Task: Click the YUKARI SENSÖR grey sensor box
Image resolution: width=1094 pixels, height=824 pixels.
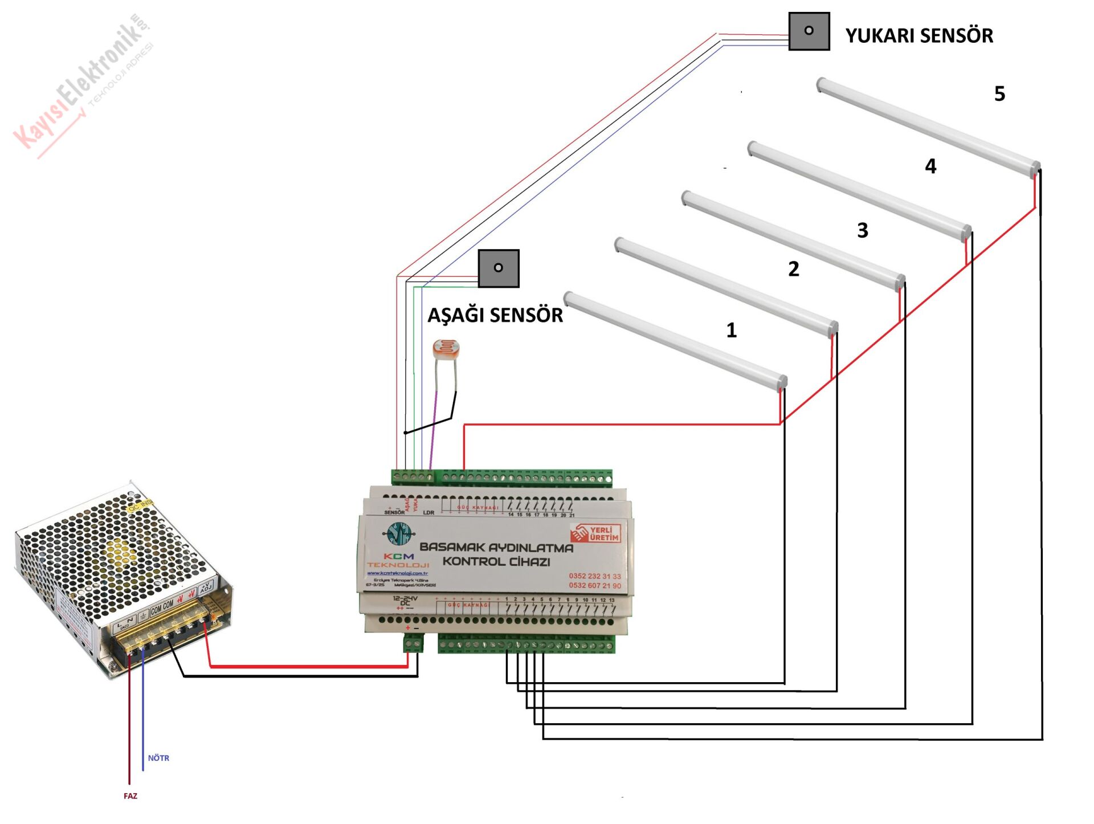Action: [809, 31]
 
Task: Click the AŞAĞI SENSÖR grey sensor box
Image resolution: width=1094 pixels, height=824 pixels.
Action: [498, 268]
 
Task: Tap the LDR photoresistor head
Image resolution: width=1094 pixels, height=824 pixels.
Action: [446, 348]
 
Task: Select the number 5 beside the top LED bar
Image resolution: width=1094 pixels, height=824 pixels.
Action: [999, 94]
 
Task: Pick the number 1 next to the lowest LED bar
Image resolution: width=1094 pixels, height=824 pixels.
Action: [732, 331]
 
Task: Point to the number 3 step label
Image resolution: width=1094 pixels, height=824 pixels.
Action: [863, 231]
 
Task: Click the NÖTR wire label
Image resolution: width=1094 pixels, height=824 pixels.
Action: [158, 758]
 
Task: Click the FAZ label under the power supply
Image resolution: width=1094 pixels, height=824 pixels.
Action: [130, 796]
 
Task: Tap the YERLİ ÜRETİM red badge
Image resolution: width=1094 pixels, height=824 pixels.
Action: [596, 533]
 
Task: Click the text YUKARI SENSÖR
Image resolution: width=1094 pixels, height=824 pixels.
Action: [919, 36]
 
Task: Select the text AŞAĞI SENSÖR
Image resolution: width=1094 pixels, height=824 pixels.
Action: [495, 315]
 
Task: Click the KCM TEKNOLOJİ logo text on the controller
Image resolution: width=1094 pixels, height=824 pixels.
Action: [398, 560]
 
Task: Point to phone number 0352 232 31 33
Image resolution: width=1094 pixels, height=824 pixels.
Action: [594, 576]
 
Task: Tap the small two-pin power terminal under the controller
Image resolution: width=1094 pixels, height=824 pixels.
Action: [413, 644]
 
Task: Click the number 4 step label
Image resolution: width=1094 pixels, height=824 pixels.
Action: [930, 166]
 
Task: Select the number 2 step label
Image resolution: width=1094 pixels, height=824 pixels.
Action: [794, 269]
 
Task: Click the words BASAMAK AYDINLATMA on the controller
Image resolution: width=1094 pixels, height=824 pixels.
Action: [496, 548]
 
